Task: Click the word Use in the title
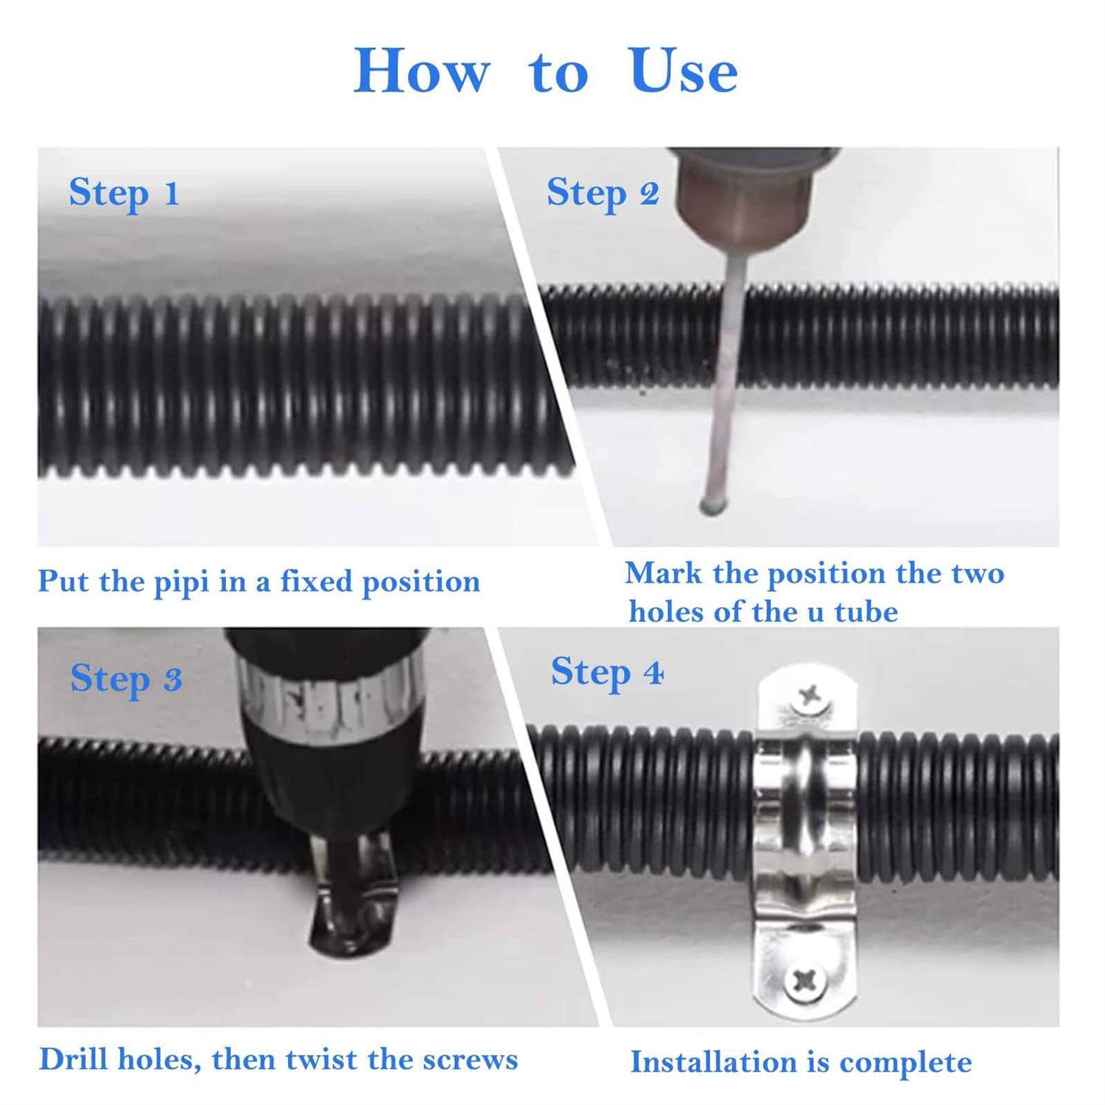(x=684, y=71)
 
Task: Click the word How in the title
(x=422, y=71)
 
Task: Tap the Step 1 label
(x=124, y=194)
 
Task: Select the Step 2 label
(x=603, y=194)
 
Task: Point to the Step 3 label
(x=126, y=679)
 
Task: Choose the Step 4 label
(x=607, y=673)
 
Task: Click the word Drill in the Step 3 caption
(x=74, y=1059)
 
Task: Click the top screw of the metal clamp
(x=809, y=695)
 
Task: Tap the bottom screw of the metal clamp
(x=804, y=980)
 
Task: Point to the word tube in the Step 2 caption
(x=866, y=612)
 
